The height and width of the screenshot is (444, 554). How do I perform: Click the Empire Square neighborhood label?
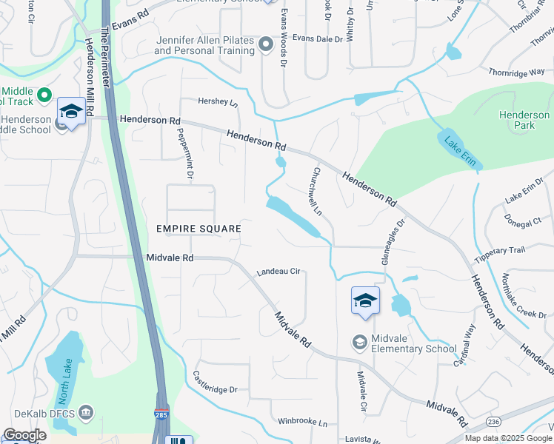[198, 229]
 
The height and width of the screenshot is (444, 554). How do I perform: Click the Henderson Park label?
[524, 120]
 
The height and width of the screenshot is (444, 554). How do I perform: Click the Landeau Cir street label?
[278, 272]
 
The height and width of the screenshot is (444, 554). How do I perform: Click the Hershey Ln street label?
[218, 101]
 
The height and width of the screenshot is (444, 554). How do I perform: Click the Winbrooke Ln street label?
[302, 422]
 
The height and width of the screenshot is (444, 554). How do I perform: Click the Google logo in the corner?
[24, 435]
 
